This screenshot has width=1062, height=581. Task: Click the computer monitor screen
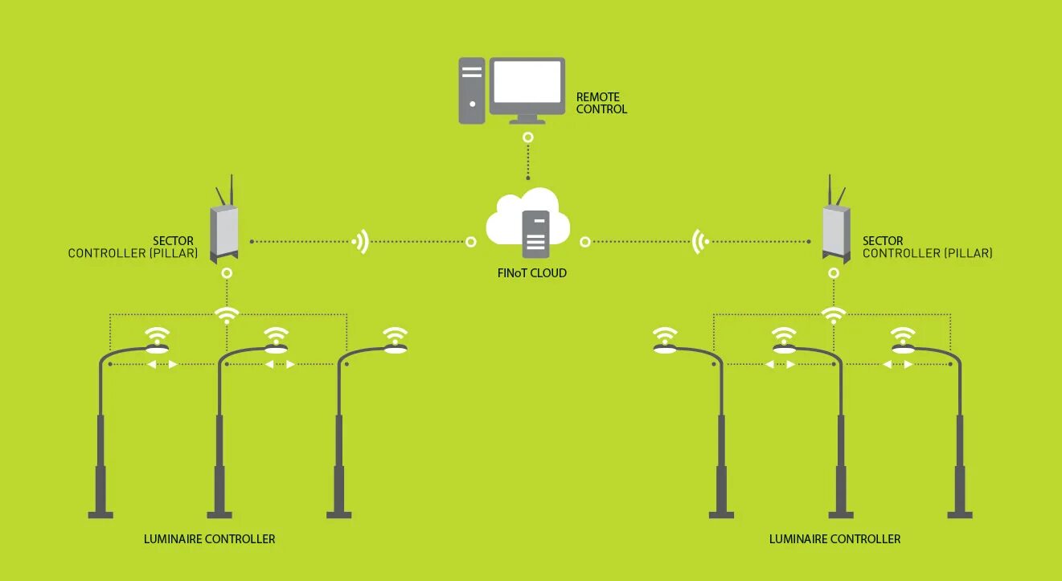coord(527,82)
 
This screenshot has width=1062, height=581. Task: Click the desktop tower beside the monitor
coord(472,90)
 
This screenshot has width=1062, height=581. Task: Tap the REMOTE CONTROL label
coord(601,103)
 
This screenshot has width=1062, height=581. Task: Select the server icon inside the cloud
coord(535,233)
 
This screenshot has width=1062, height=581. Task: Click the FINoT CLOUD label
coord(531,273)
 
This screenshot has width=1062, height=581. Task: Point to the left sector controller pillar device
coord(224,232)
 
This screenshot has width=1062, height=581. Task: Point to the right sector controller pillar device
coord(836,232)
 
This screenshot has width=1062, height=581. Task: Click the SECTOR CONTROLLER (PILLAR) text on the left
coord(133,248)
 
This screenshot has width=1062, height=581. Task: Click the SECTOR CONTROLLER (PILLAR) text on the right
coord(927,248)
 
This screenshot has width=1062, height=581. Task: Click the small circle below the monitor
coord(527,137)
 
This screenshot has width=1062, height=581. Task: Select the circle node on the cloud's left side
coord(471,241)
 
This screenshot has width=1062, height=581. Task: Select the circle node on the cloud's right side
coord(585,241)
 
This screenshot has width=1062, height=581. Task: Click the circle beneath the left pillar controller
coord(228,273)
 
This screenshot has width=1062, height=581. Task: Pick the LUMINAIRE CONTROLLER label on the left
coord(209,539)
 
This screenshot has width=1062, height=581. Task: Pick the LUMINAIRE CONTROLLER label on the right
coord(834,539)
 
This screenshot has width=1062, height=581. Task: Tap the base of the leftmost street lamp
coord(100,513)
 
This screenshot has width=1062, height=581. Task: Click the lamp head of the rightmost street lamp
coord(904,350)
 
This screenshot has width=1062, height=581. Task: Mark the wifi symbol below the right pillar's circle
coord(834,315)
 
